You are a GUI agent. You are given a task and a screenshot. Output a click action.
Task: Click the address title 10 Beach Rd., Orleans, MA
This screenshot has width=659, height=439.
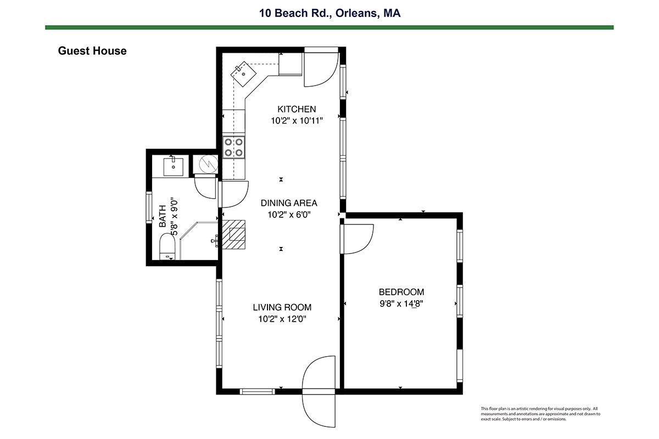pyautogui.click(x=329, y=13)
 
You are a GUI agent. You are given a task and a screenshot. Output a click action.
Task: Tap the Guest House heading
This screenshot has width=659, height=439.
pyautogui.click(x=92, y=51)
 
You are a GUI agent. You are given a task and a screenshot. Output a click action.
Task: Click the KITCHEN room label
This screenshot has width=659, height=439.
pyautogui.click(x=297, y=109)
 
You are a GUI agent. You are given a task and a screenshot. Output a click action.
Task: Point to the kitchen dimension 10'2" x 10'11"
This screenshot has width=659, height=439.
pyautogui.click(x=297, y=121)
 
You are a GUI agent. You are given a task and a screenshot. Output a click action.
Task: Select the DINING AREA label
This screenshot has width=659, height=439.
pyautogui.click(x=289, y=203)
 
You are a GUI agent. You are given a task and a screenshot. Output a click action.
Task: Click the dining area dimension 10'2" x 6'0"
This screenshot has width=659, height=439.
pyautogui.click(x=289, y=215)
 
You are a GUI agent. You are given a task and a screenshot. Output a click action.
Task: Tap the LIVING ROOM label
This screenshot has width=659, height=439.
pyautogui.click(x=282, y=307)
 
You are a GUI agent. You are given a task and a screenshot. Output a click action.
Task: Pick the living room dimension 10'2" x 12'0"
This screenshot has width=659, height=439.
pyautogui.click(x=282, y=319)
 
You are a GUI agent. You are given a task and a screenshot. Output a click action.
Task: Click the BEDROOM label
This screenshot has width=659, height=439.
pyautogui.click(x=401, y=292)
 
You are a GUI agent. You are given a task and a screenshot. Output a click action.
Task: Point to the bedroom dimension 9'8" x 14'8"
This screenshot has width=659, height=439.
pyautogui.click(x=401, y=304)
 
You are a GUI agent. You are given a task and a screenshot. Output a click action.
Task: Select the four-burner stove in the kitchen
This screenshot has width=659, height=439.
pyautogui.click(x=233, y=147)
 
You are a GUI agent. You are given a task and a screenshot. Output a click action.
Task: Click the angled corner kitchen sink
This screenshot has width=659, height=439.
pyautogui.click(x=243, y=74)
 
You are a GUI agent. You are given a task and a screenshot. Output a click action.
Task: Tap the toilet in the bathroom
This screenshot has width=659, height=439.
pyautogui.click(x=167, y=246)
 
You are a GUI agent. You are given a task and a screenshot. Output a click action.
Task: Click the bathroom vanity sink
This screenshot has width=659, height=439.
pyautogui.click(x=174, y=167)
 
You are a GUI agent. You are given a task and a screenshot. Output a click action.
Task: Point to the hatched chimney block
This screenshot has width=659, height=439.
pyautogui.click(x=233, y=235)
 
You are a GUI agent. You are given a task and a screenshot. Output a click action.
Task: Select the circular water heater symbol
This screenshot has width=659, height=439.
pyautogui.click(x=208, y=164)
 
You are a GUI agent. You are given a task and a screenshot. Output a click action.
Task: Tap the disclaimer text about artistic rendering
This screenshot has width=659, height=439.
pyautogui.click(x=540, y=414)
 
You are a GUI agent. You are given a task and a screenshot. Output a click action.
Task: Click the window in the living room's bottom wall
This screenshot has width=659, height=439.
pyautogui.click(x=257, y=391)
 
